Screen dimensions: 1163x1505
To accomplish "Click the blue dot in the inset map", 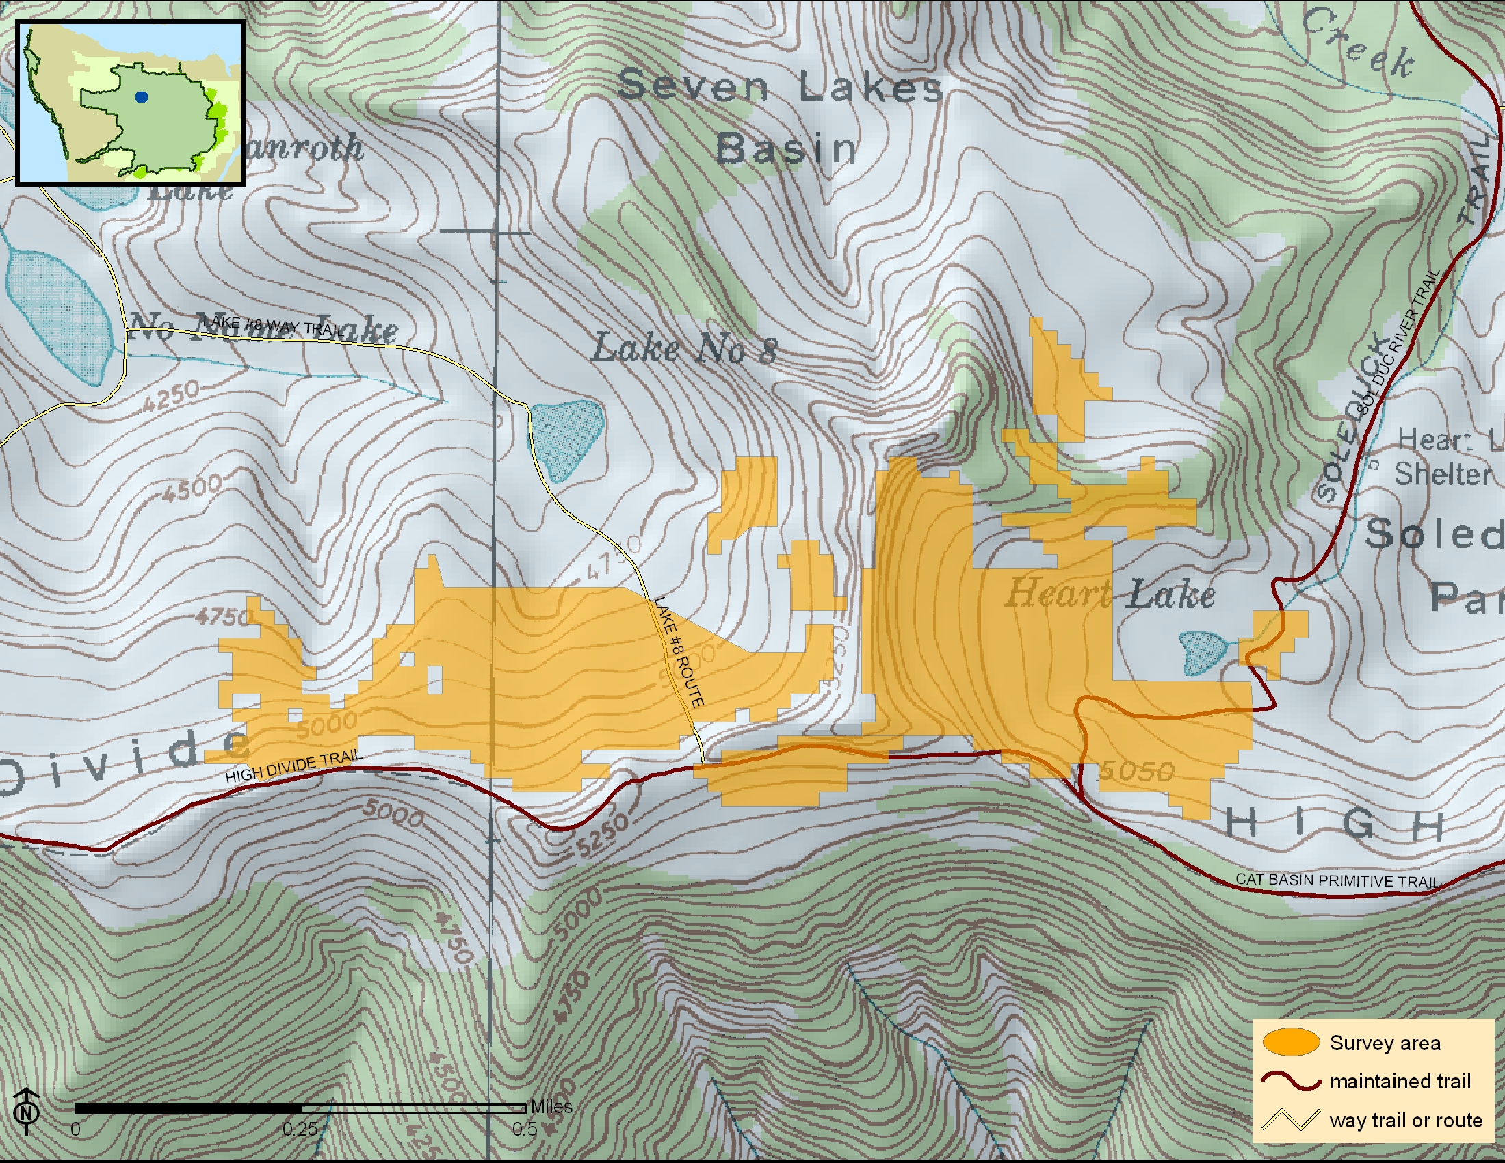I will point(142,97).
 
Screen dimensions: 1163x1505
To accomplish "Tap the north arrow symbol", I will point(26,1110).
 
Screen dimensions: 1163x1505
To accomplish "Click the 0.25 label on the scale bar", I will point(300,1129).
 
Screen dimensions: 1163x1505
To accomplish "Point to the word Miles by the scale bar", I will point(551,1106).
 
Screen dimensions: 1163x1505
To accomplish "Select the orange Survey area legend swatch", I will point(1291,1043).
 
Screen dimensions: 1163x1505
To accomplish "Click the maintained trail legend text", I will point(1400,1081).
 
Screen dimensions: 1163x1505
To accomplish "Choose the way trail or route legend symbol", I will point(1291,1120).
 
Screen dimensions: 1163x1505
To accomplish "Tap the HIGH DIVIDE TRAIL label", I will point(293,766).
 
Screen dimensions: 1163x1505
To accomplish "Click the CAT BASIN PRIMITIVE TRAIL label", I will point(1336,880).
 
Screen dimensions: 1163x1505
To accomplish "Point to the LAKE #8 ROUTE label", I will point(679,652).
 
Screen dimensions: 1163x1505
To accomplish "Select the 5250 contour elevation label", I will point(601,836).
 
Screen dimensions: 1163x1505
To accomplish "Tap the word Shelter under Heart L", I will point(1442,474).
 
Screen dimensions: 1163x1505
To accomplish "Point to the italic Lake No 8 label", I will point(684,349).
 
